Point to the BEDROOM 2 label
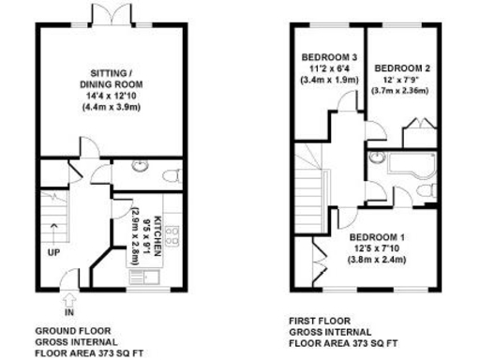click(402, 68)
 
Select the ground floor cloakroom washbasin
click(140, 167)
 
